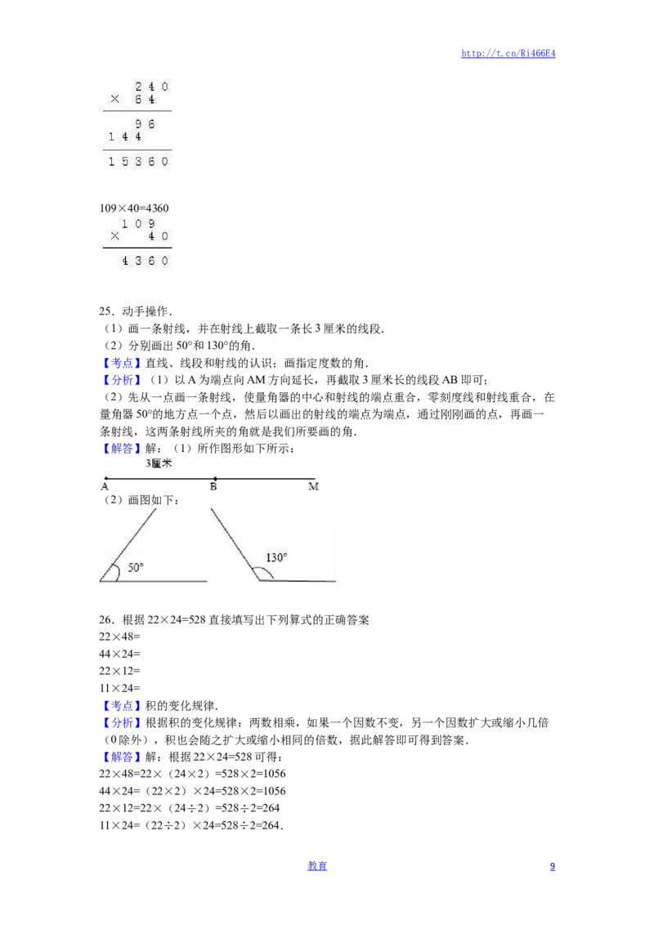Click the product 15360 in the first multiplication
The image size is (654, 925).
point(138,162)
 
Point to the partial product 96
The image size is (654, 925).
point(146,124)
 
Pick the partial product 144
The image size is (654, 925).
point(124,137)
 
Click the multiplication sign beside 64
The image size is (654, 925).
point(114,99)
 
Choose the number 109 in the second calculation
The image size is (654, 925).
point(137,224)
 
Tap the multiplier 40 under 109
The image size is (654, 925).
point(158,237)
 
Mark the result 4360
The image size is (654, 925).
point(146,261)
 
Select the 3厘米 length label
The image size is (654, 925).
point(159,463)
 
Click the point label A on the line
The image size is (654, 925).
point(105,487)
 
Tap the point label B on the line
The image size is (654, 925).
point(213,487)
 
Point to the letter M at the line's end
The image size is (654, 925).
point(313,487)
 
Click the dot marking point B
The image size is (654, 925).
point(215,479)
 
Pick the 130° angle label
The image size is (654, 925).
point(276,557)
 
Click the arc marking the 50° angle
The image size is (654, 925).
point(117,572)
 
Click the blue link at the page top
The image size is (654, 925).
point(508,54)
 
